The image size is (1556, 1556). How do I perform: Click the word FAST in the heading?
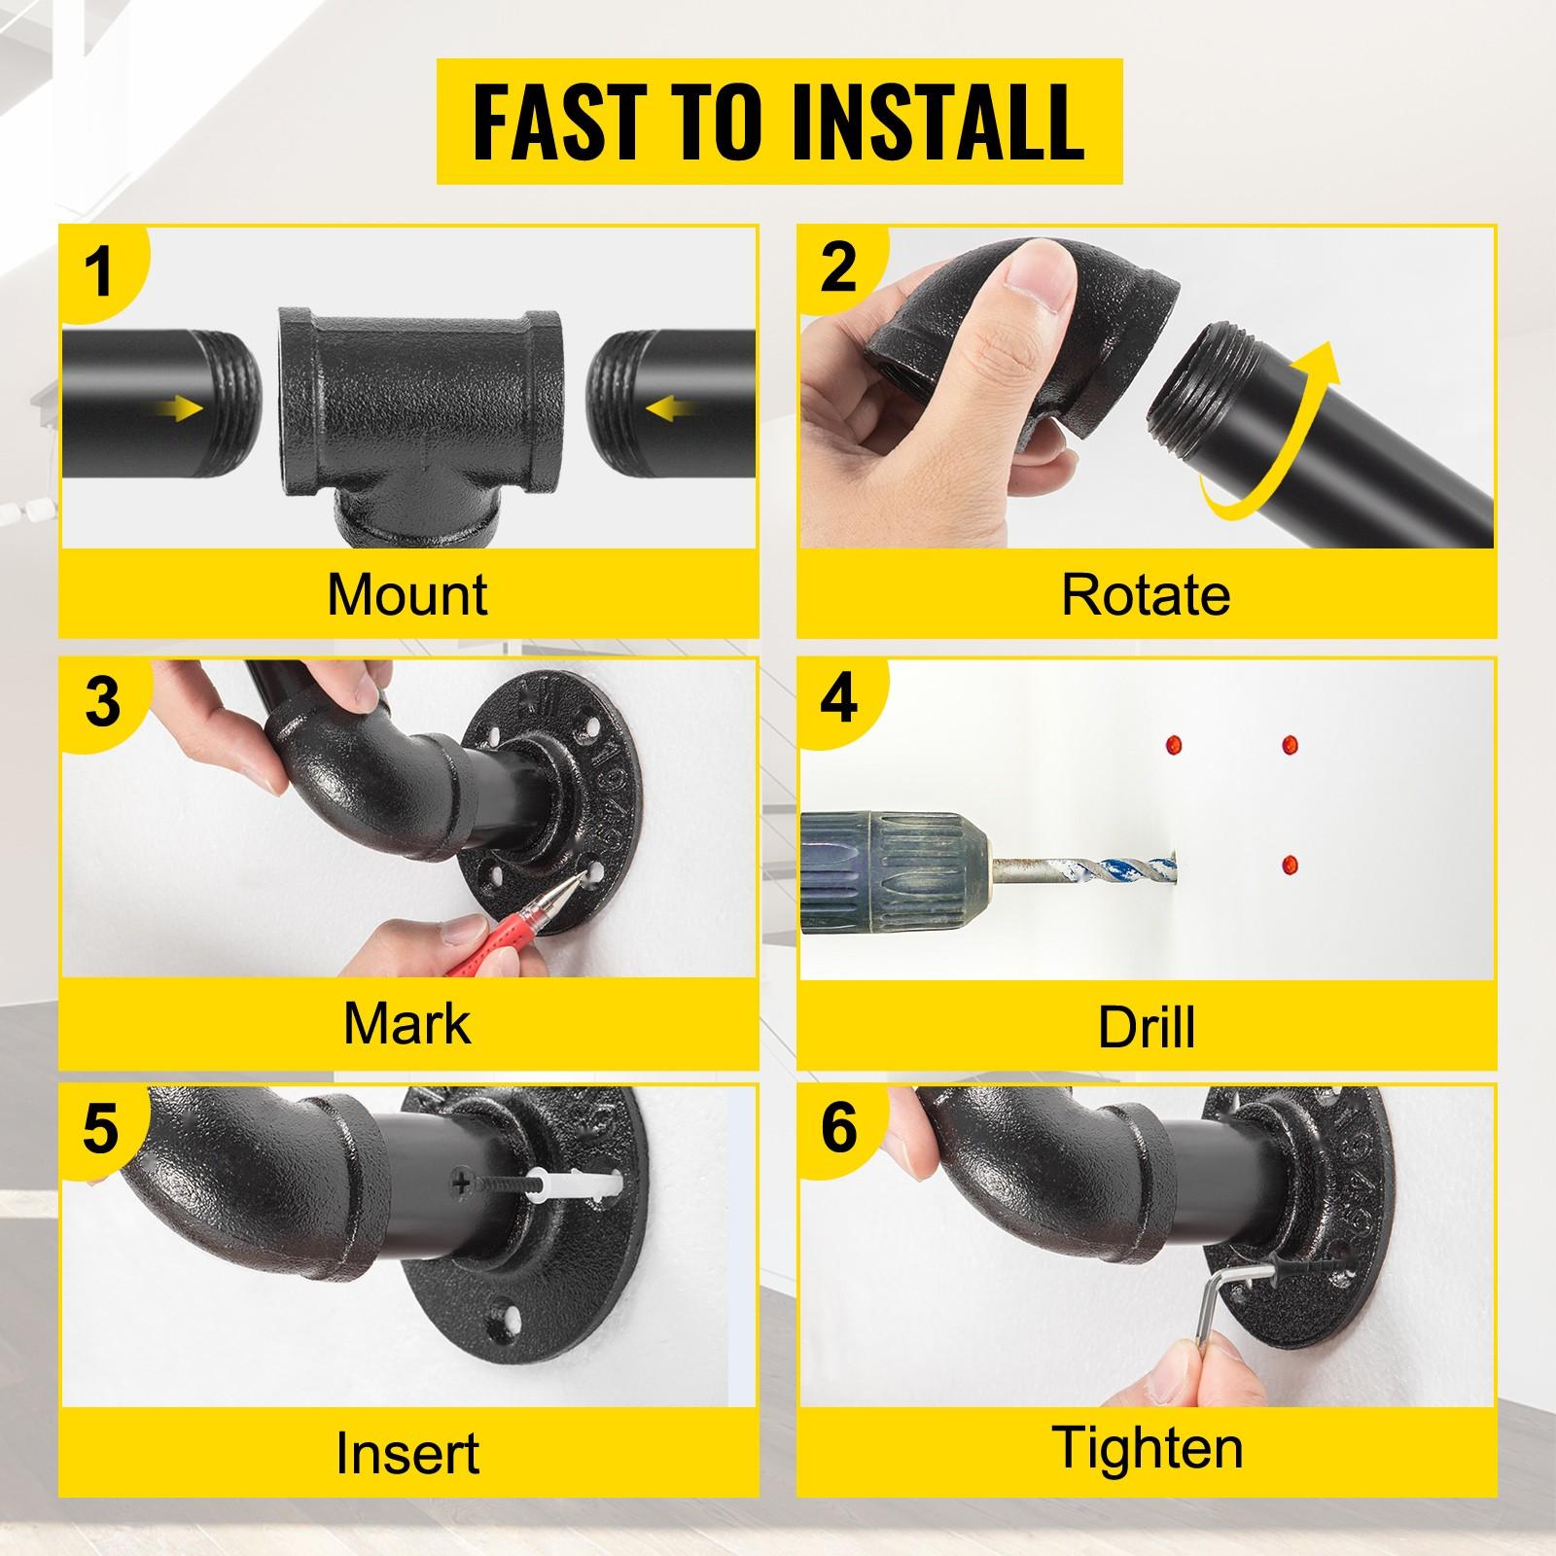(549, 123)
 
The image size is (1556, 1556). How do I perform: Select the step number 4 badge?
(838, 700)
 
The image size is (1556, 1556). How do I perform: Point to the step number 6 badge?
(838, 1128)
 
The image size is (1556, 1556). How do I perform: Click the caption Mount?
(407, 593)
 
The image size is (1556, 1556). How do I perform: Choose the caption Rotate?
(1146, 593)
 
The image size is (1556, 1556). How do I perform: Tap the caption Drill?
(1146, 1026)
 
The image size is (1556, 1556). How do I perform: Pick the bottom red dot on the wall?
(1291, 863)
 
